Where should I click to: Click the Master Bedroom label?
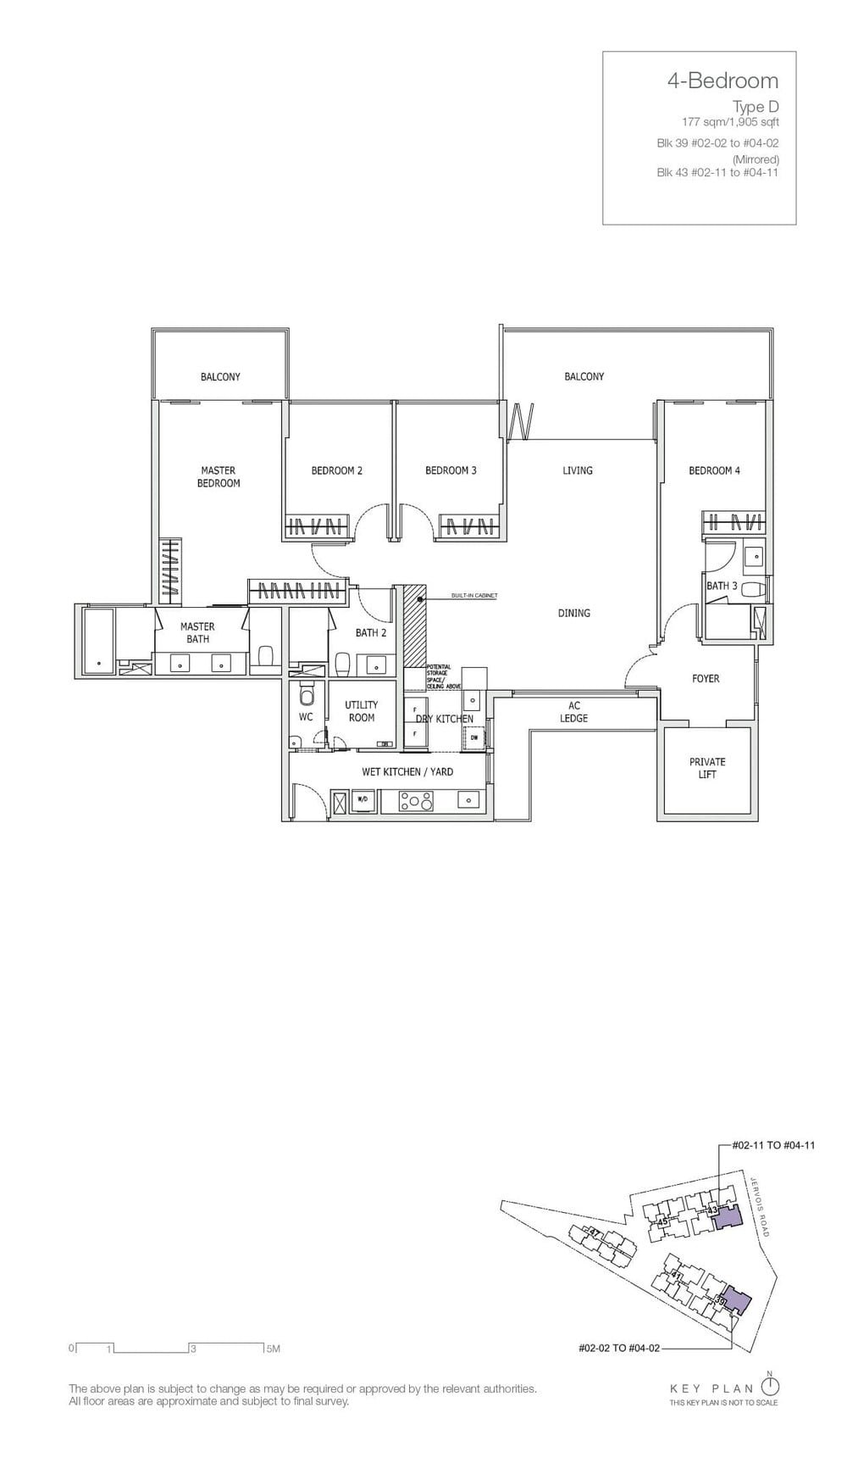pyautogui.click(x=219, y=476)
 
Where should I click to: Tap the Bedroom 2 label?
pyautogui.click(x=336, y=470)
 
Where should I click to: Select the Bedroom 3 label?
pyautogui.click(x=451, y=470)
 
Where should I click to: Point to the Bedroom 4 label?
pyautogui.click(x=714, y=470)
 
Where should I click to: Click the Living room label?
pyautogui.click(x=578, y=470)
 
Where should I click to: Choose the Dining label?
pyautogui.click(x=573, y=613)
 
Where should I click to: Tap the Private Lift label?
pyautogui.click(x=707, y=768)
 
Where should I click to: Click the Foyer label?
pyautogui.click(x=706, y=678)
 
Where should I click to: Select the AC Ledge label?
pyautogui.click(x=573, y=712)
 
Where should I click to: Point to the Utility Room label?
pyautogui.click(x=361, y=710)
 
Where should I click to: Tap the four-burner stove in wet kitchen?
pyautogui.click(x=416, y=800)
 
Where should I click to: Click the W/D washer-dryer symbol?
pyautogui.click(x=362, y=799)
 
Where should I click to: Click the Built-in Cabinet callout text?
pyautogui.click(x=474, y=596)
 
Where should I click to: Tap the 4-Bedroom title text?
pyautogui.click(x=722, y=81)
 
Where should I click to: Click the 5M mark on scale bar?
pyautogui.click(x=272, y=1349)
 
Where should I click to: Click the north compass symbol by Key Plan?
pyautogui.click(x=770, y=1387)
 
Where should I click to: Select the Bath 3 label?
pyautogui.click(x=722, y=586)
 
